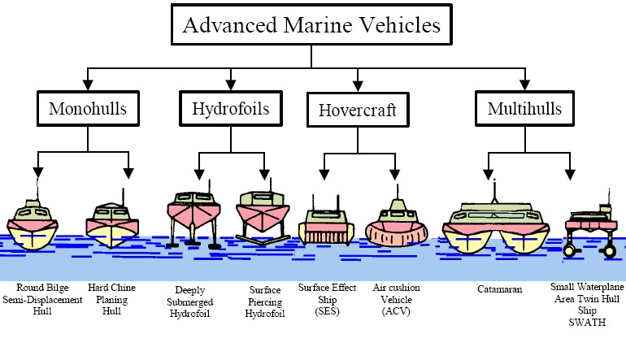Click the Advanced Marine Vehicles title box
tap(312, 25)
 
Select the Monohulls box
tap(87, 109)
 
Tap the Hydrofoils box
tap(232, 109)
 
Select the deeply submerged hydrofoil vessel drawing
tap(193, 218)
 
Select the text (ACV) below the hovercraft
tap(396, 311)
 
